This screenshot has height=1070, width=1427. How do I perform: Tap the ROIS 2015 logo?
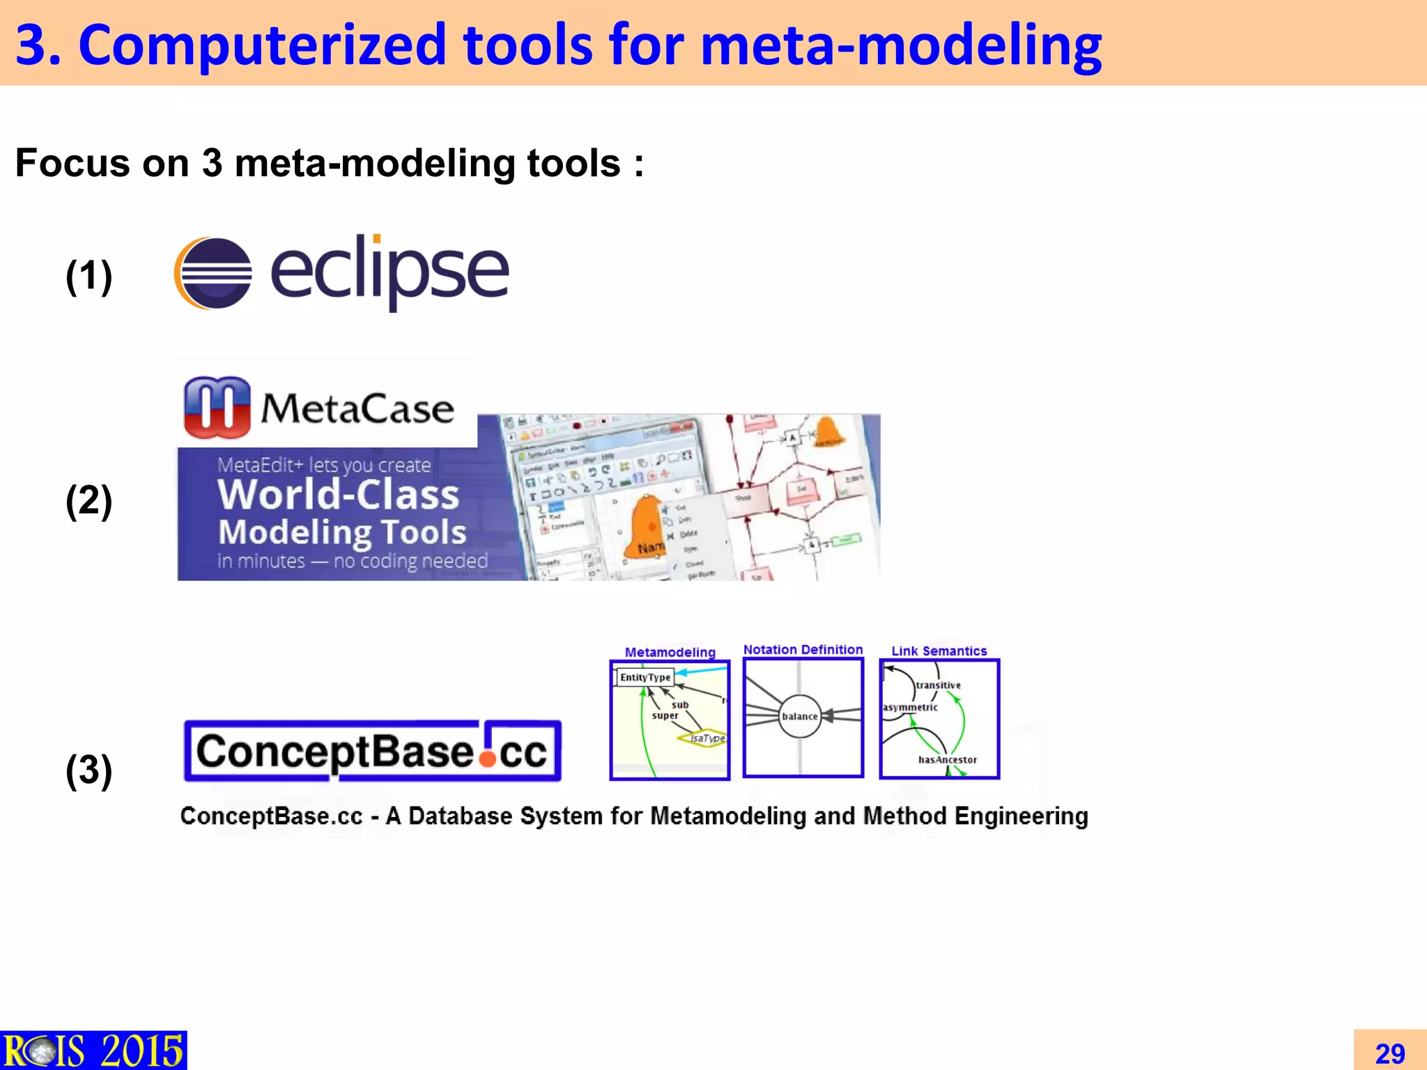pyautogui.click(x=93, y=1050)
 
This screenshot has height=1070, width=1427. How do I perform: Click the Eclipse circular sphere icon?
pyautogui.click(x=213, y=273)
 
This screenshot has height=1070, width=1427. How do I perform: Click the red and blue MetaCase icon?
pyautogui.click(x=217, y=408)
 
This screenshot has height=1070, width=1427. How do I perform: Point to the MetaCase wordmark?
pyautogui.click(x=357, y=408)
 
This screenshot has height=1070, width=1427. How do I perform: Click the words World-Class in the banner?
pyautogui.click(x=339, y=495)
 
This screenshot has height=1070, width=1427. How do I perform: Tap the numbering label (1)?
pyautogui.click(x=88, y=276)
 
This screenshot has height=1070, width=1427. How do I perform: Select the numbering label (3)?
pyautogui.click(x=88, y=770)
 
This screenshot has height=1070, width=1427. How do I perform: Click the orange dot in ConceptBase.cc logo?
pyautogui.click(x=488, y=758)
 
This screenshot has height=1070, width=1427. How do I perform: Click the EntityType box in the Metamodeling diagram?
pyautogui.click(x=645, y=677)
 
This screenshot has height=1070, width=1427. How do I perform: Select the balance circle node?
pyautogui.click(x=799, y=716)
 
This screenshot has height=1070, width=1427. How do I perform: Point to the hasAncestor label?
pyautogui.click(x=947, y=760)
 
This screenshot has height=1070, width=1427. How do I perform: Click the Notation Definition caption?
pyautogui.click(x=803, y=649)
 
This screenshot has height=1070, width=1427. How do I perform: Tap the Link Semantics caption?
pyautogui.click(x=939, y=651)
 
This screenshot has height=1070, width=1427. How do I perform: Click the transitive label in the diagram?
pyautogui.click(x=938, y=685)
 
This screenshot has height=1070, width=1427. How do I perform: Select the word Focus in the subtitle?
pyautogui.click(x=72, y=163)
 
